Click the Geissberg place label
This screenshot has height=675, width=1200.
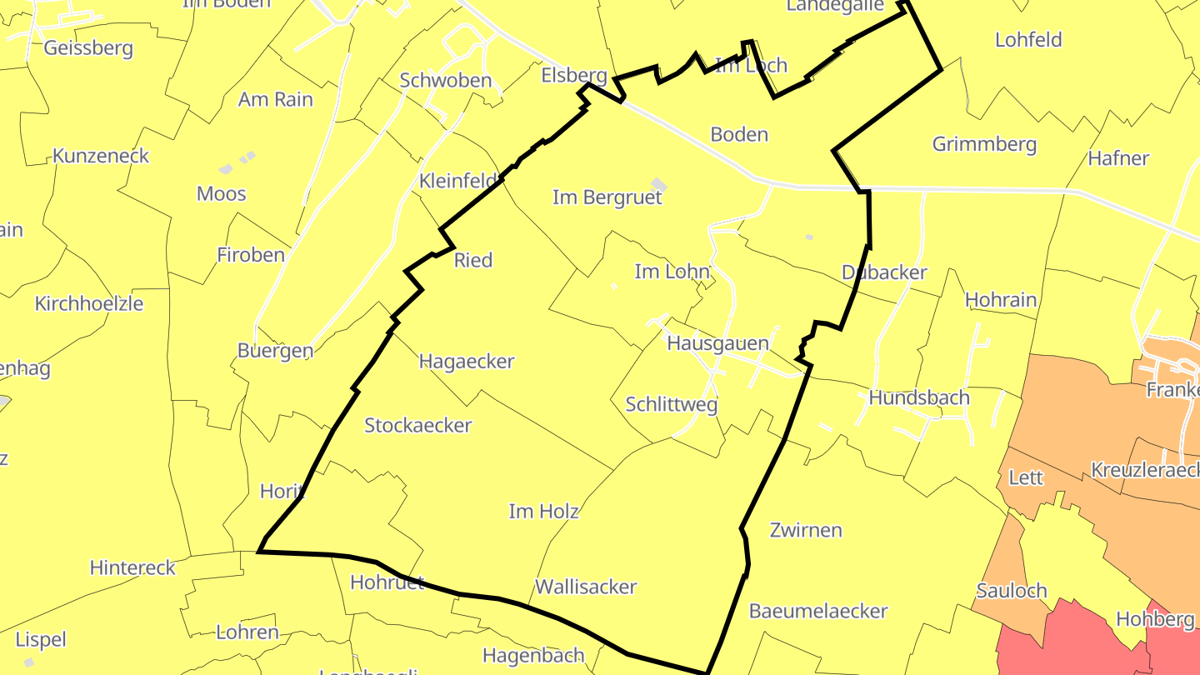click(88, 47)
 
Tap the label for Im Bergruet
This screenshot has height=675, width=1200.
click(607, 197)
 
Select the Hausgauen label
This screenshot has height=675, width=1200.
click(717, 342)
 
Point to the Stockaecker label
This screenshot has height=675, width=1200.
click(418, 426)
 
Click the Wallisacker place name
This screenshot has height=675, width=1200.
click(586, 587)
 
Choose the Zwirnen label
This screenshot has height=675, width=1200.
click(806, 531)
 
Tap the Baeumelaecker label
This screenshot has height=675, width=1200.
click(818, 612)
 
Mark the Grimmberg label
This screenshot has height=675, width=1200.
click(984, 144)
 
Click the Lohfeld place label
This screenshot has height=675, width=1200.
click(1028, 40)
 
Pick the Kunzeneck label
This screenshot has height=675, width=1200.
click(101, 156)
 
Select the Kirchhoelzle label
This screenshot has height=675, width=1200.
click(89, 304)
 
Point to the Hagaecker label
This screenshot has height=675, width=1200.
click(467, 362)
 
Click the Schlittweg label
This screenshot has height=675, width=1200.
click(671, 405)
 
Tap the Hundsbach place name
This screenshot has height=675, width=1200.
click(919, 398)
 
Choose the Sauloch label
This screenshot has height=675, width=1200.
click(1011, 591)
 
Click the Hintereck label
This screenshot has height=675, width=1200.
click(132, 568)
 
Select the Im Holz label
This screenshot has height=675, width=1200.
click(543, 512)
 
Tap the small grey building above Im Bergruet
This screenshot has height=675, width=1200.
click(659, 183)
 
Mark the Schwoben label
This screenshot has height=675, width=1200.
click(446, 81)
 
